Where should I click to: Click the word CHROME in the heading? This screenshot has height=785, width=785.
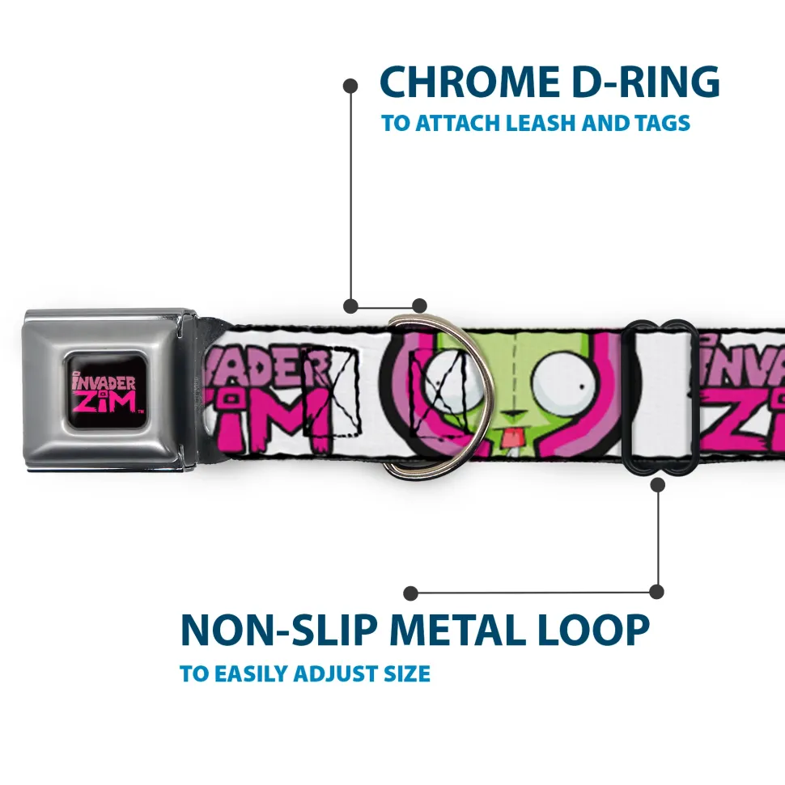click(x=469, y=82)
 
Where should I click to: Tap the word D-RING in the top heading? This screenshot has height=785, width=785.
click(x=646, y=82)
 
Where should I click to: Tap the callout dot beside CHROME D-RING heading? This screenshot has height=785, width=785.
click(x=350, y=86)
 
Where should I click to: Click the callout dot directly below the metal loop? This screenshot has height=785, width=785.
click(x=658, y=484)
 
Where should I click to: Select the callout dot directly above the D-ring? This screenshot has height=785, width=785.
click(x=419, y=306)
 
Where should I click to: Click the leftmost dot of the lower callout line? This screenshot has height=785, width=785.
click(x=410, y=593)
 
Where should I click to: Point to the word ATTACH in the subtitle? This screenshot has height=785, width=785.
click(x=458, y=123)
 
